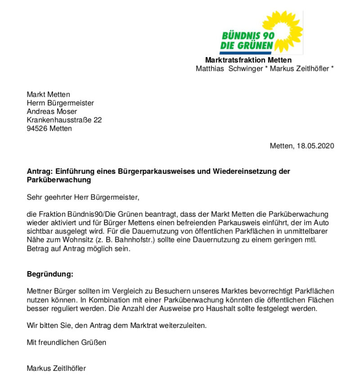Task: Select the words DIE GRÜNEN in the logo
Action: click(x=247, y=45)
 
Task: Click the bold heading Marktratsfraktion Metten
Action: click(x=248, y=60)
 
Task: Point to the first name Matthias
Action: click(x=210, y=69)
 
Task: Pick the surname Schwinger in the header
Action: click(x=247, y=69)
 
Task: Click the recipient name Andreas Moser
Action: click(x=52, y=111)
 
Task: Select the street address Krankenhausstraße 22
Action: click(x=64, y=120)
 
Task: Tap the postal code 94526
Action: click(x=37, y=128)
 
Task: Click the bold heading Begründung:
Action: click(x=50, y=274)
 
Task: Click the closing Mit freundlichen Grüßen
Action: click(x=67, y=342)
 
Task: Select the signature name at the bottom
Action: click(x=56, y=368)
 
